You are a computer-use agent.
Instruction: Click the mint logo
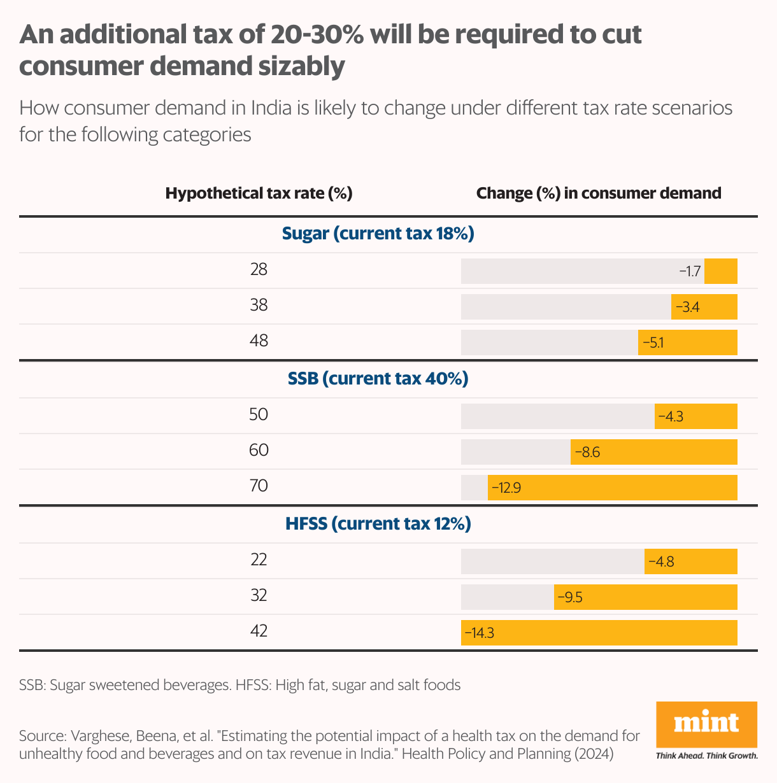point(706,724)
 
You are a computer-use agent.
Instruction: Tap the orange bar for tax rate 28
point(720,271)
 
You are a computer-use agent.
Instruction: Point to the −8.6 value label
point(587,453)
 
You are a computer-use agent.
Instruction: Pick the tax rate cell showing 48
point(259,341)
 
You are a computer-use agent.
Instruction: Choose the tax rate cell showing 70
point(259,486)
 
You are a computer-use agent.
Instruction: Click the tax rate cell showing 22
point(259,560)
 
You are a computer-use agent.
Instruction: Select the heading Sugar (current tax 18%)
point(378,234)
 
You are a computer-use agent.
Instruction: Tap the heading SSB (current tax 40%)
point(378,379)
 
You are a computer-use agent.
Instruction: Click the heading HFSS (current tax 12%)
point(378,524)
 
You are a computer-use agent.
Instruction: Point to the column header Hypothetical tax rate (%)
point(259,193)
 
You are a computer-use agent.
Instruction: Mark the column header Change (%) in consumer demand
point(599,193)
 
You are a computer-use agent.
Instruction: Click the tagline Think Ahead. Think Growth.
point(706,756)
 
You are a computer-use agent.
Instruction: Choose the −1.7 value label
point(690,272)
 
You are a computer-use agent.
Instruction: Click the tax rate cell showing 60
point(259,451)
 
